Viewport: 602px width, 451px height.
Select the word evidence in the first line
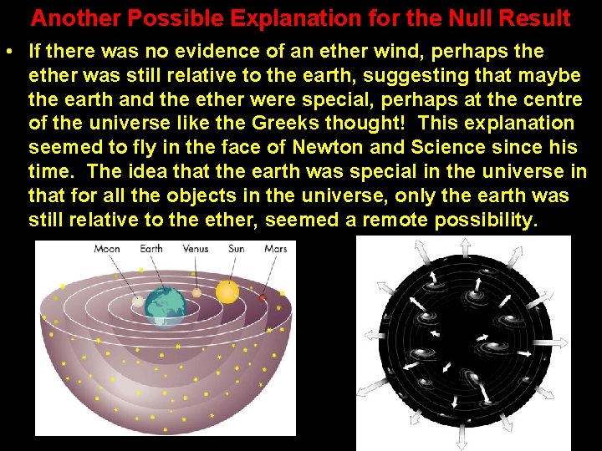coord(207,52)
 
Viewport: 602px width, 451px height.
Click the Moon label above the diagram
coord(106,248)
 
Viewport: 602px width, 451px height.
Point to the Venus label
coord(195,248)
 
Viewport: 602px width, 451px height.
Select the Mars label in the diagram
coord(276,248)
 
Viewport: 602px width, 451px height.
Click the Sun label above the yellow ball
coord(237,248)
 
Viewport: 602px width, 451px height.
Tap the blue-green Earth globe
coord(165,306)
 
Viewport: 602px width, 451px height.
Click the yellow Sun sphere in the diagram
coord(227,291)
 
